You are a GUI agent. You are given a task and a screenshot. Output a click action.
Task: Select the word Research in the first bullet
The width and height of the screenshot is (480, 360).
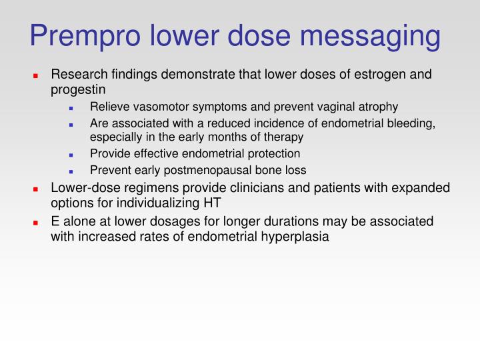[78, 74]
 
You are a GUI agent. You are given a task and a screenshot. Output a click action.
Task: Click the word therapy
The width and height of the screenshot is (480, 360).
[285, 137]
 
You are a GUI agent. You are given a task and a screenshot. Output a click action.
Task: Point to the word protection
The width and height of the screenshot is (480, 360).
[271, 153]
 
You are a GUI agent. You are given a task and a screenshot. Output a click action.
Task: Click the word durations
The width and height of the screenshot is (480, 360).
[289, 221]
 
